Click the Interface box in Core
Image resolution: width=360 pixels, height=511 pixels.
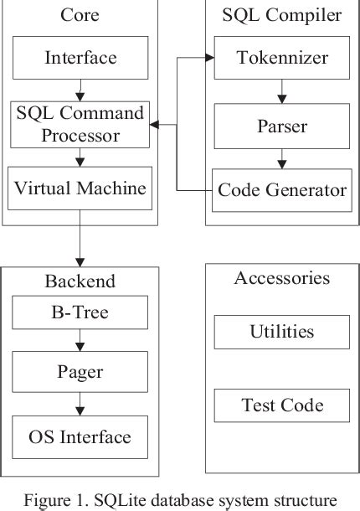click(80, 58)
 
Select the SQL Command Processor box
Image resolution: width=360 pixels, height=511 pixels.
click(80, 124)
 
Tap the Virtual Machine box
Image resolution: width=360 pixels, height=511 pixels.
click(80, 188)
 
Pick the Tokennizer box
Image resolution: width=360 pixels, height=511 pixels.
click(281, 58)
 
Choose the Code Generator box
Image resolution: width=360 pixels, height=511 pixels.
click(281, 190)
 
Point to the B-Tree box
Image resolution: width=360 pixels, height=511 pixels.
click(80, 313)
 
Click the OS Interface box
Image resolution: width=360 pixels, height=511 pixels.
click(80, 436)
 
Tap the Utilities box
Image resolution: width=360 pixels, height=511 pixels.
click(281, 332)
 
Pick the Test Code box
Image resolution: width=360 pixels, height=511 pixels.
click(281, 405)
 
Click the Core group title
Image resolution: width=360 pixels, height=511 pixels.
click(80, 15)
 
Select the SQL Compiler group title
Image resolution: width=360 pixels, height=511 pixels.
click(281, 15)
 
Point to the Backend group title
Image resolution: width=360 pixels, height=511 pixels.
click(80, 280)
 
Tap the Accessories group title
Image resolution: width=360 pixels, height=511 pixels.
click(281, 278)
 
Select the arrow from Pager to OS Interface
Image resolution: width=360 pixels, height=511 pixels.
click(80, 405)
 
